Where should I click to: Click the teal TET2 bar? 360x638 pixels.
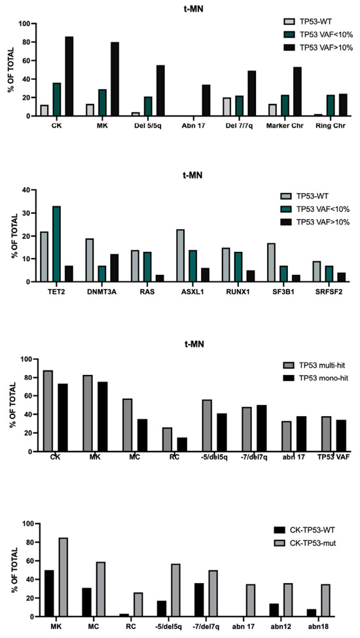(x=56, y=244)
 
